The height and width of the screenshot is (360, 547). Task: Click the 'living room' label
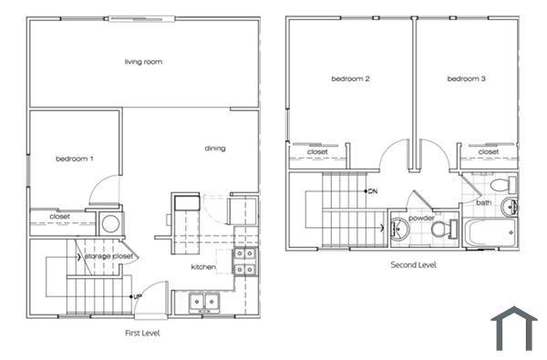point(143,62)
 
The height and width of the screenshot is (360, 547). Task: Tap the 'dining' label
point(215,149)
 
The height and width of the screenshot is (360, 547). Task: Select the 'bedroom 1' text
point(74,159)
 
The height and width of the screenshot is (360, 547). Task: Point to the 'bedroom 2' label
point(349,79)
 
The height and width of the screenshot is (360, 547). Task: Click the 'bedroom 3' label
point(466,79)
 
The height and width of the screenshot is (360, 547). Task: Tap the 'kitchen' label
point(202,267)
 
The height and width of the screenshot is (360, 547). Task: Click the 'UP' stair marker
point(138,296)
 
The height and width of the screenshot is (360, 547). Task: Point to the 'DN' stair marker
point(373,192)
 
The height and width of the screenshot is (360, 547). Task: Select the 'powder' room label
point(420,219)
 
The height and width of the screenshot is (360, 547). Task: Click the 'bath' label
point(482,202)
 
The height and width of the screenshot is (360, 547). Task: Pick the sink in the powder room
point(399,229)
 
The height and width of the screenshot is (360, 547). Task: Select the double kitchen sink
point(203,302)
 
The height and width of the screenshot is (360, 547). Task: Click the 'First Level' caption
point(142,334)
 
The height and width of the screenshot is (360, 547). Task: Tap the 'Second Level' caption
point(413,265)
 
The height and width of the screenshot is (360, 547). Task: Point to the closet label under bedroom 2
point(317,152)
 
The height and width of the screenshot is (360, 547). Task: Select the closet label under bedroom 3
point(489,152)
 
